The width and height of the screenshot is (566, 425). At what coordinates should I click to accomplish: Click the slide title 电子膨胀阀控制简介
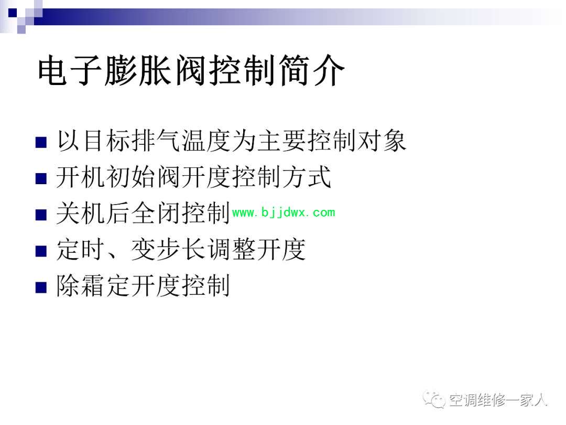191,70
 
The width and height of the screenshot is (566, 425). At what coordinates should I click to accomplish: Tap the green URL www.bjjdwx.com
284,212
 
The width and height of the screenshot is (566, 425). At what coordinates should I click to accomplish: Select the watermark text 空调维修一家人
498,400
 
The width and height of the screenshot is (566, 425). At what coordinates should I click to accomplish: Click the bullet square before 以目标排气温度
41,142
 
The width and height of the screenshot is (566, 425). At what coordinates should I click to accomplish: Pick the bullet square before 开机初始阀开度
41,178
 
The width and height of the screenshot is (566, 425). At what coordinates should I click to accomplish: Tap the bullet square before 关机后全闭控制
41,215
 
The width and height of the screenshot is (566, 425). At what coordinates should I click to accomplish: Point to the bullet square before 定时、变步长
41,251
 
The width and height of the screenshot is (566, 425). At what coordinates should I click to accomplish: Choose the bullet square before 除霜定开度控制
41,287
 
